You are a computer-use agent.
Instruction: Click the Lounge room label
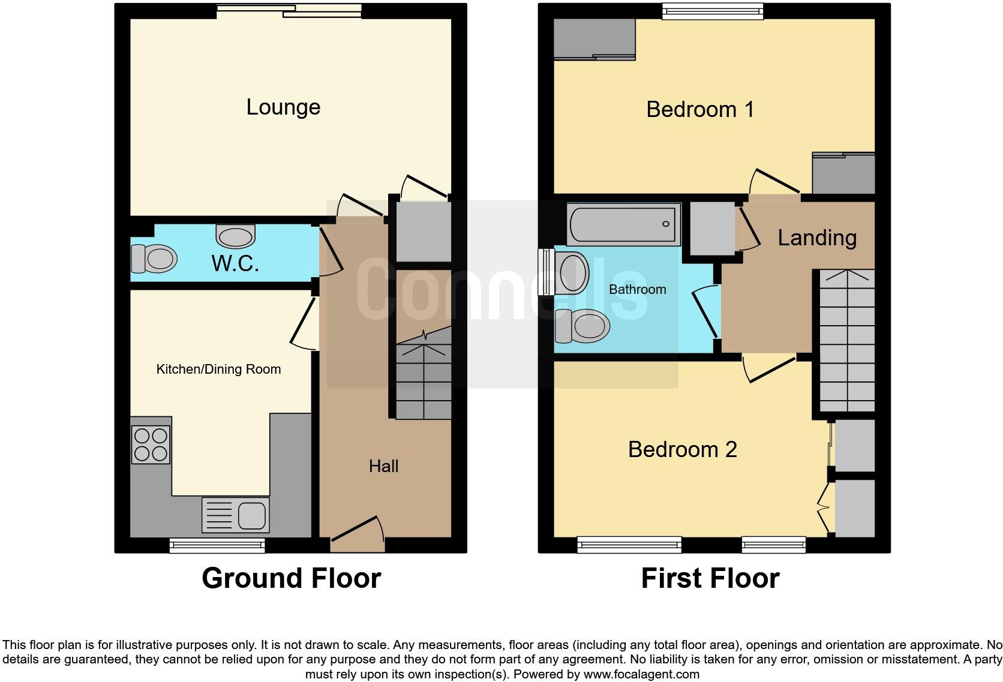(283, 107)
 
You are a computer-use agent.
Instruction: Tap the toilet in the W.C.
(154, 259)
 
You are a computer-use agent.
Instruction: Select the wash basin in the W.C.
(236, 236)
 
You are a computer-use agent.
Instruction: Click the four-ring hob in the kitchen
(151, 444)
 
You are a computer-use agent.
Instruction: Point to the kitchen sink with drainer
(236, 515)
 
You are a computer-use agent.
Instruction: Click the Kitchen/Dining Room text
(218, 369)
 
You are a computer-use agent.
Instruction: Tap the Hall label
(383, 466)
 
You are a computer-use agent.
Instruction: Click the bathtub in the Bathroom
(623, 224)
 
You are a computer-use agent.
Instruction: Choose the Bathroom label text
(637, 290)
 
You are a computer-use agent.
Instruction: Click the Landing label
(816, 238)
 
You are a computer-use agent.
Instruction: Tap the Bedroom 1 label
(699, 110)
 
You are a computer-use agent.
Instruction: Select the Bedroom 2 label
(682, 449)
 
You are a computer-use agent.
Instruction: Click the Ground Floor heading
(291, 578)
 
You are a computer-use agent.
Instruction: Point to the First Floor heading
(710, 578)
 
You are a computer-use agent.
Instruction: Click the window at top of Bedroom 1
(713, 11)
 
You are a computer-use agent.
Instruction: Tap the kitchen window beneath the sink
(217, 545)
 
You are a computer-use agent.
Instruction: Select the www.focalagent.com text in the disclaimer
(641, 674)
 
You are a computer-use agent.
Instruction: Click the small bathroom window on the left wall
(546, 272)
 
